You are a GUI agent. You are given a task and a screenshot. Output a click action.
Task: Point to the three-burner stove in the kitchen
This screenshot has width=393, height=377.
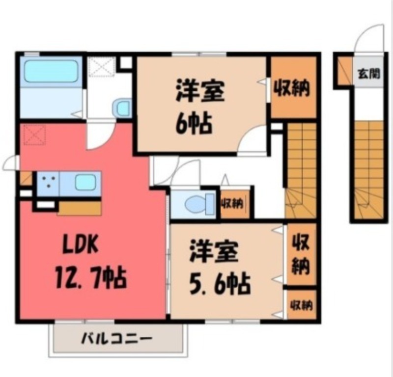48,183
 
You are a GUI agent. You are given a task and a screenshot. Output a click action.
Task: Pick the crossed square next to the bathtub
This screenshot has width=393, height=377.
102,67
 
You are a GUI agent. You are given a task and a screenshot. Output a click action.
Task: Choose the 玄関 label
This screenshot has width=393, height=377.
368,74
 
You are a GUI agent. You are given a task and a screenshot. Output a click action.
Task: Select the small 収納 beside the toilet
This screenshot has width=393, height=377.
234,202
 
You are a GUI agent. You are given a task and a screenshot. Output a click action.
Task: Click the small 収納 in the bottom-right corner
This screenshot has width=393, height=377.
301,305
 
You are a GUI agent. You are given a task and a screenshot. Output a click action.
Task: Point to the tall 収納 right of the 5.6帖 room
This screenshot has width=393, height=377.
301,254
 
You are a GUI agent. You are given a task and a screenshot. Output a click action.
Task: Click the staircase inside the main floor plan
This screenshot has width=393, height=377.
301,169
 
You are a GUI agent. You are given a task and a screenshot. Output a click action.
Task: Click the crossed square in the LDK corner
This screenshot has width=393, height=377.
34,134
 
